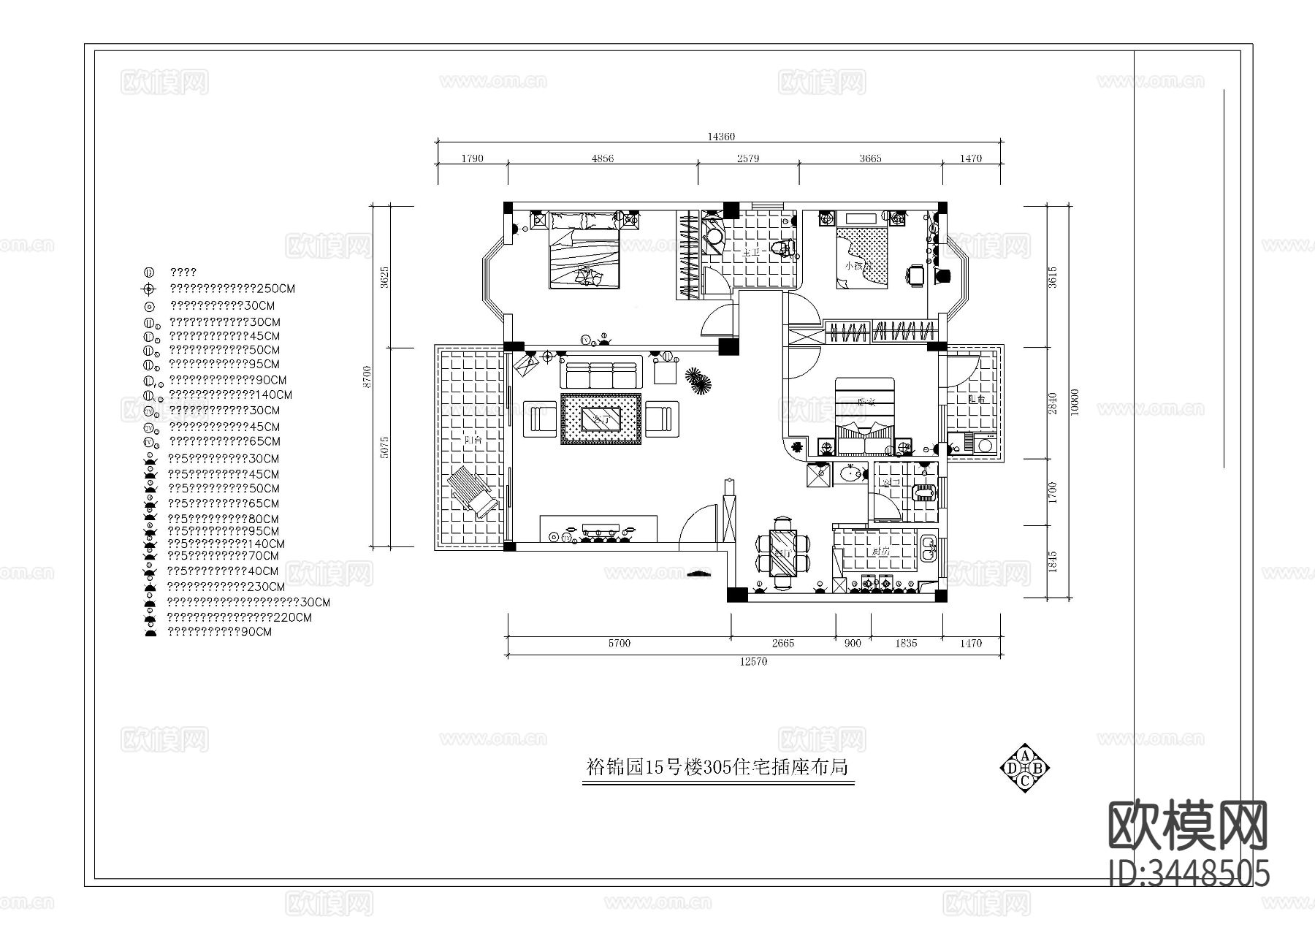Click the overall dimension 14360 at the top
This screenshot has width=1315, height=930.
click(x=720, y=137)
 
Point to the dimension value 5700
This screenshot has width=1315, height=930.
click(x=618, y=644)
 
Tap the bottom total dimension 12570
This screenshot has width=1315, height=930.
click(x=753, y=662)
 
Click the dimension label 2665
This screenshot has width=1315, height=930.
click(x=782, y=644)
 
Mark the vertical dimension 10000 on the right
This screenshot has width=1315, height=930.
click(x=1073, y=403)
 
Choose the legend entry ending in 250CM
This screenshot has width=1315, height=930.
click(x=232, y=289)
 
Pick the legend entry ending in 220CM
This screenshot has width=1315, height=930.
click(x=240, y=617)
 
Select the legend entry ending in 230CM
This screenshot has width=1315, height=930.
click(x=226, y=587)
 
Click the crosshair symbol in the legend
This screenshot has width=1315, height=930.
click(x=150, y=289)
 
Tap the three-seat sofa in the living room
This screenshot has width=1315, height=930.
click(x=601, y=373)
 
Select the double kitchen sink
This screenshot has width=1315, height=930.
click(x=928, y=549)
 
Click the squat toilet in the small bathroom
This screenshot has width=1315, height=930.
click(x=924, y=492)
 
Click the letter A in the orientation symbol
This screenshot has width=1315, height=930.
click(x=1025, y=755)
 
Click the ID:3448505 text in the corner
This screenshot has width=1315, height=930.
click(x=1189, y=873)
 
